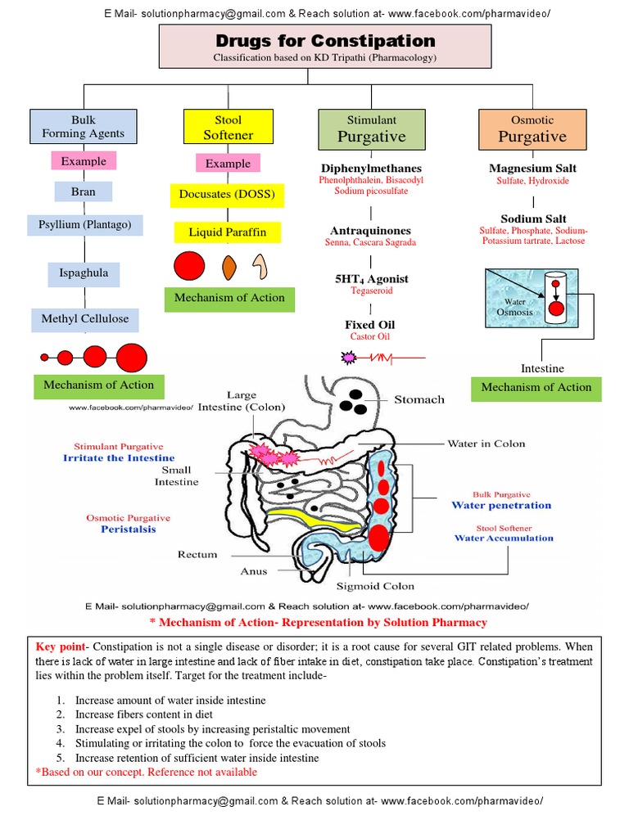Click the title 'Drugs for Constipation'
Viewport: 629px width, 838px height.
[325, 41]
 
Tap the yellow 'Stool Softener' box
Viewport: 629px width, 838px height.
[228, 128]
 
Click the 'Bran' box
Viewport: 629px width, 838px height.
[83, 191]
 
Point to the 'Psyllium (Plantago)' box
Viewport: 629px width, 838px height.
[84, 224]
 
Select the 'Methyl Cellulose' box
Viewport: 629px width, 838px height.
[85, 318]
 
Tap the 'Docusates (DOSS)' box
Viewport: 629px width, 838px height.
[228, 196]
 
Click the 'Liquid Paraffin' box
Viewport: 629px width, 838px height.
[228, 232]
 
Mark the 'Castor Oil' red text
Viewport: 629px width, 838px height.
[371, 336]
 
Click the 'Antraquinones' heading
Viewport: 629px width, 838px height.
[371, 231]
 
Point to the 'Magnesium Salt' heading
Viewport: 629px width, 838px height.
[532, 169]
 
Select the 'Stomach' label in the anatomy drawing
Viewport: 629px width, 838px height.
[419, 399]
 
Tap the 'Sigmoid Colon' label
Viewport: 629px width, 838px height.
[375, 586]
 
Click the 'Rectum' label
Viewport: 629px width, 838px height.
[197, 554]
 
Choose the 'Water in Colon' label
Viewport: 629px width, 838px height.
[486, 444]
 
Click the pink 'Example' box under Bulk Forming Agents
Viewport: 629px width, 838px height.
[84, 161]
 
